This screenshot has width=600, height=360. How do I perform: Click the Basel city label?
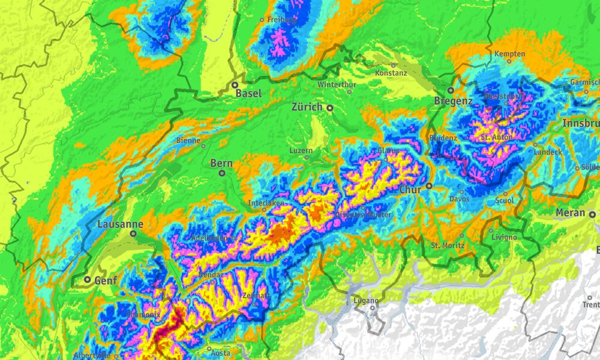coord(248,94)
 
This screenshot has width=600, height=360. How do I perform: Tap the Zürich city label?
coord(307,107)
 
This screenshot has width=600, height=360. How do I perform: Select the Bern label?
coord(221,163)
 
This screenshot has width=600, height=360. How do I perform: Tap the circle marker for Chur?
coord(429,186)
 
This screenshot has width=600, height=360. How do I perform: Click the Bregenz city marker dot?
coord(450,90)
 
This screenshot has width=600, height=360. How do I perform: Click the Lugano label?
coord(366,301)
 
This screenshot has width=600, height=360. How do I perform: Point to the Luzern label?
coord(301,150)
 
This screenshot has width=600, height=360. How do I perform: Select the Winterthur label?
coord(337,85)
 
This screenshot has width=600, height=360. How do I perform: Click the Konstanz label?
coord(391,73)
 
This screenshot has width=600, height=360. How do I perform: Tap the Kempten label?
coord(510,53)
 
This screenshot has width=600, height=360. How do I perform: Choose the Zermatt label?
coord(256,296)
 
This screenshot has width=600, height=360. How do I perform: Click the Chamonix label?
coord(143,314)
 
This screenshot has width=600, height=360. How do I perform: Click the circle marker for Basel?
coord(236,85)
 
